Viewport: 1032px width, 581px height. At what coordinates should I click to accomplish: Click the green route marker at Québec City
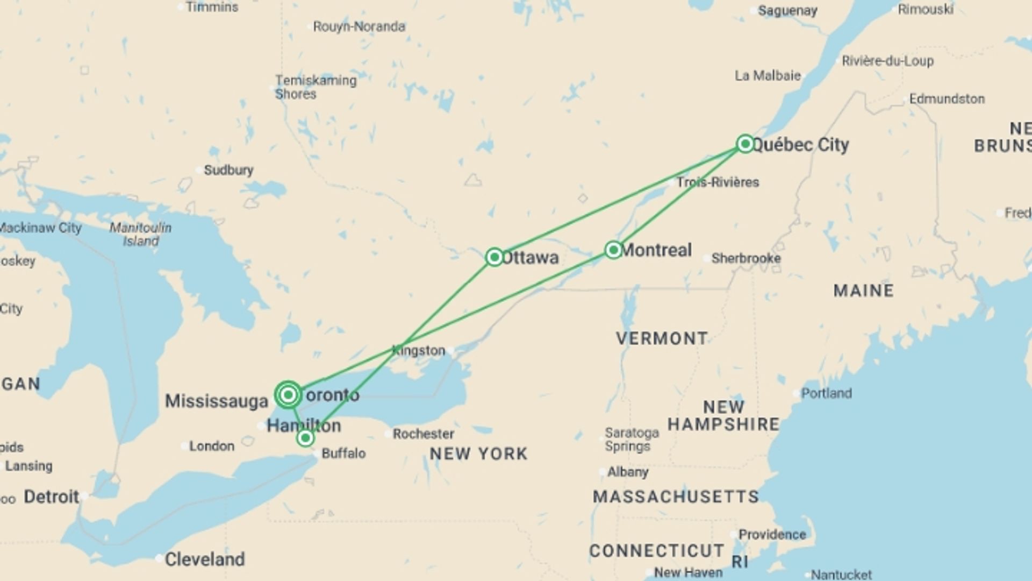[x=745, y=144]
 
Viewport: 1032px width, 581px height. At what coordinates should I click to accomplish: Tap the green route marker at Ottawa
[x=494, y=257]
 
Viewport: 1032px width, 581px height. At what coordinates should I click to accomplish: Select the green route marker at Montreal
[x=613, y=250]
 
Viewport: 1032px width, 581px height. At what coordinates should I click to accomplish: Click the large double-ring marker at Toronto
[x=288, y=395]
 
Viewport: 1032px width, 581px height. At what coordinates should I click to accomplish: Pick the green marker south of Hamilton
[x=305, y=438]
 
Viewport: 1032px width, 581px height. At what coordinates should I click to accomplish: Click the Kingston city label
[x=419, y=351]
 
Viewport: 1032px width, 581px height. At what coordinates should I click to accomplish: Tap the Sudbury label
[x=228, y=170]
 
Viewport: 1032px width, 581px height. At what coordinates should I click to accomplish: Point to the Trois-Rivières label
[x=718, y=182]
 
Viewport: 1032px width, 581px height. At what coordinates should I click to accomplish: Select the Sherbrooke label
[x=746, y=258]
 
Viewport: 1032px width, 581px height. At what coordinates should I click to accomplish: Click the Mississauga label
[x=216, y=401]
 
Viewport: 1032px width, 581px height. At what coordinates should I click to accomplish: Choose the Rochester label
[x=423, y=434]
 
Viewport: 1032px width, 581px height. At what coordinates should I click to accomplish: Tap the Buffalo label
[x=343, y=454]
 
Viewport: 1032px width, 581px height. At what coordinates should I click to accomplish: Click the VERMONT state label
[x=662, y=338]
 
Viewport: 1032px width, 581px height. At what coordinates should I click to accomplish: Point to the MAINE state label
[x=863, y=290]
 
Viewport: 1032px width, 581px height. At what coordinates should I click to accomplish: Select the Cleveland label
[x=204, y=559]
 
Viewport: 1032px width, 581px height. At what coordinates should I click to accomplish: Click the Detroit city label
[x=51, y=497]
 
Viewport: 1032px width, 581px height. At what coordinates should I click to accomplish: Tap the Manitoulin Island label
[x=140, y=235]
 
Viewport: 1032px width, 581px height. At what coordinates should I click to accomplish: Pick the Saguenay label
[x=787, y=11]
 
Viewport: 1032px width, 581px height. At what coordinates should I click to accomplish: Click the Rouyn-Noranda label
[x=359, y=26]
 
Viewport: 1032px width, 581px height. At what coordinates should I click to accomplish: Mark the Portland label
[x=826, y=393]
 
